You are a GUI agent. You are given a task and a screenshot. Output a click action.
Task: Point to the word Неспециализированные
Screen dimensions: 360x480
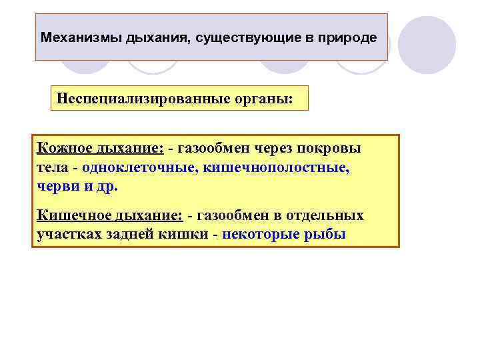pyautogui.click(x=131, y=98)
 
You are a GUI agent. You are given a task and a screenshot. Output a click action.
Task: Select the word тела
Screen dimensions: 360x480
pyautogui.click(x=51, y=167)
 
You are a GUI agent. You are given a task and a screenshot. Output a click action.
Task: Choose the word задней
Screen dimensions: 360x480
pyautogui.click(x=131, y=235)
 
